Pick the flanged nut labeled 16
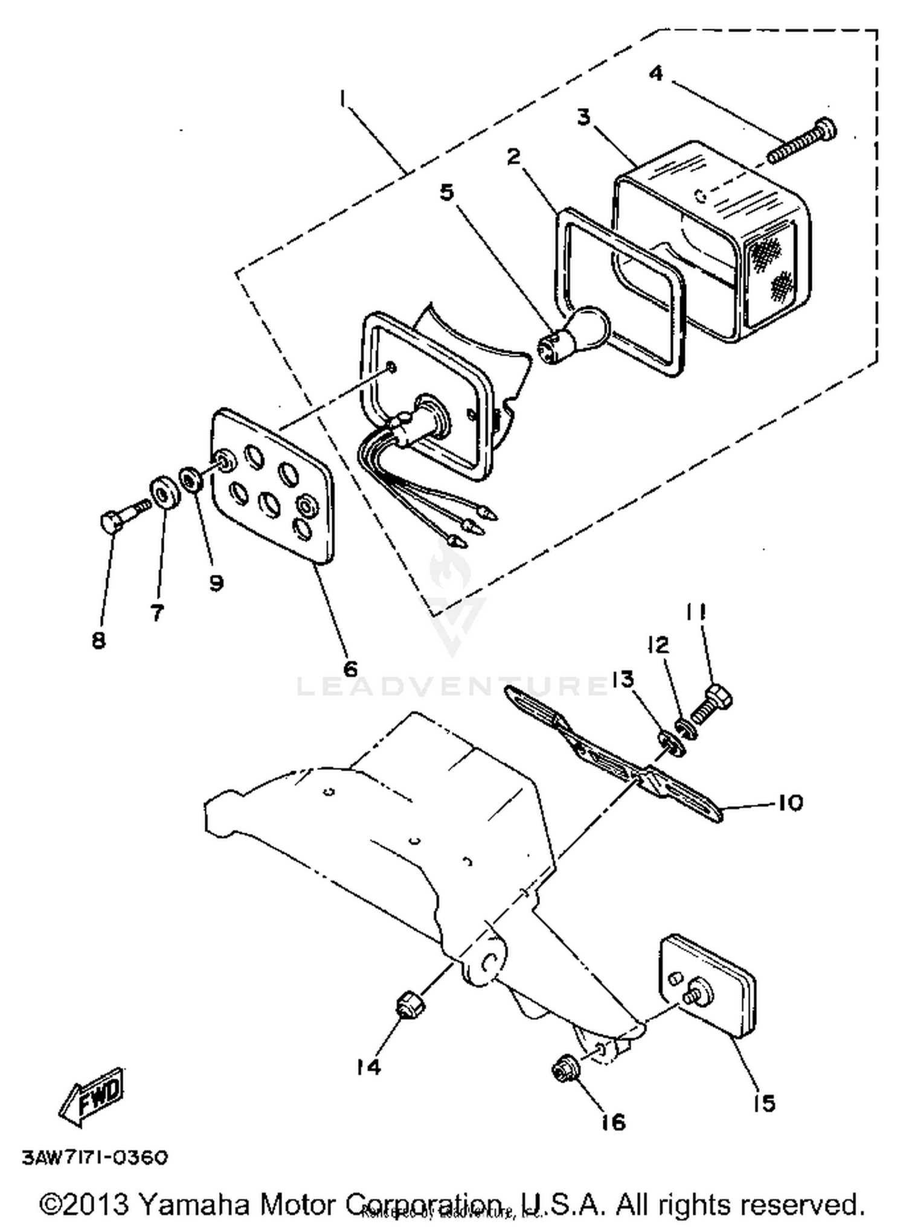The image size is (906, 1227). (x=565, y=1070)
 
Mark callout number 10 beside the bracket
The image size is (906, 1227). (x=789, y=803)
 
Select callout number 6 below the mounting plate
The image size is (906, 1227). (x=350, y=668)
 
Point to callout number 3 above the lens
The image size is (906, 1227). (x=583, y=117)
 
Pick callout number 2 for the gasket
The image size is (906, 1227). (x=513, y=157)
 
